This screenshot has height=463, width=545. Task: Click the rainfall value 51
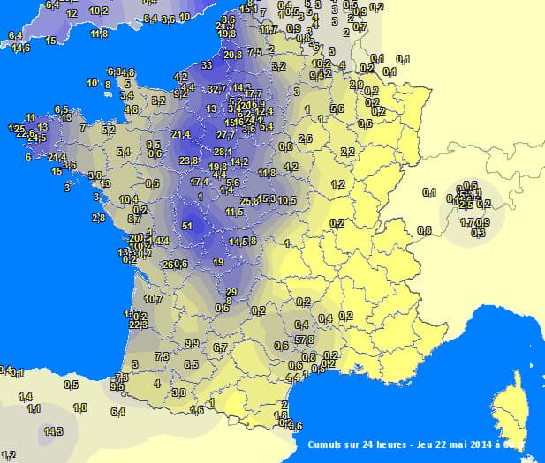[x=186, y=227]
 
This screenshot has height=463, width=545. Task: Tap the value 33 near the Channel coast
[x=206, y=65]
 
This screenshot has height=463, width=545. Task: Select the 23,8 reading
[x=188, y=161]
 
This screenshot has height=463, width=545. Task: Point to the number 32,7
[x=218, y=89]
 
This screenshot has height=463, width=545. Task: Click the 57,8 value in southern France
[x=305, y=340]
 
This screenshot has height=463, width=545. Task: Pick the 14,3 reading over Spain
[x=54, y=431]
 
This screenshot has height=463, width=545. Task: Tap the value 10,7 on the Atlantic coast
[x=154, y=299]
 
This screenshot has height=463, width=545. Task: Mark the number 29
[x=231, y=292]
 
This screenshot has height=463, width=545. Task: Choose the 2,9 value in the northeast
[x=356, y=85]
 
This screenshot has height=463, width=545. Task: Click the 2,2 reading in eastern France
[x=347, y=152]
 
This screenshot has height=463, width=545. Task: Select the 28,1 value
[x=223, y=152]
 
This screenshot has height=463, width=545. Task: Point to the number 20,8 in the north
[x=232, y=55]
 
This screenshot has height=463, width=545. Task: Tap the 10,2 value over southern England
[x=98, y=11]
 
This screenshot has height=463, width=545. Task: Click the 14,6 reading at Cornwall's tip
[x=21, y=48]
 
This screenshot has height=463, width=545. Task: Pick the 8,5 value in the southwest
[x=191, y=364]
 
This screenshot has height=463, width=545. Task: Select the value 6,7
[x=220, y=348]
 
